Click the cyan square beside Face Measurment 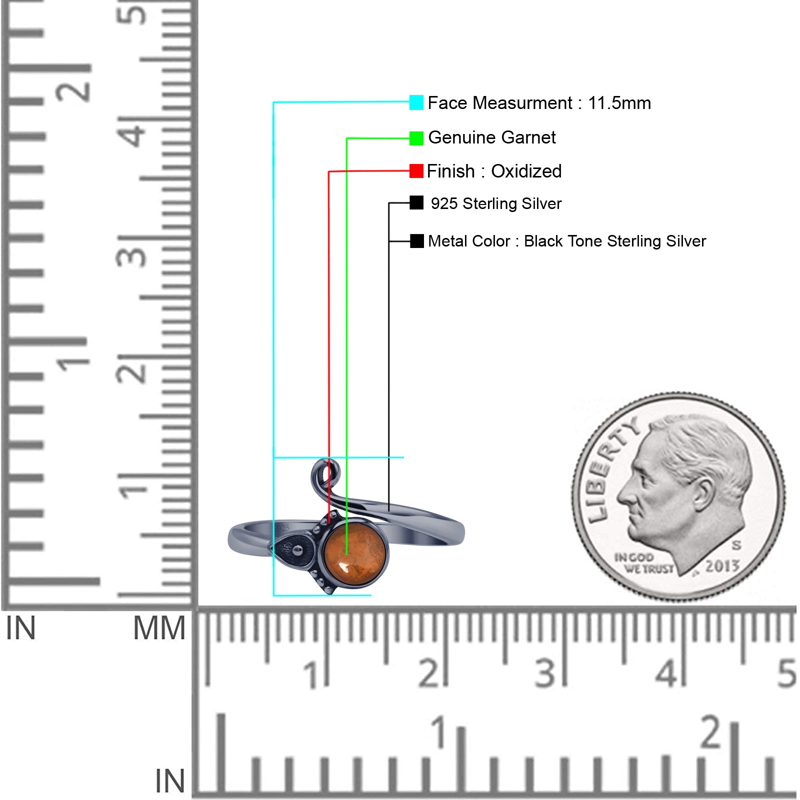pyautogui.click(x=416, y=102)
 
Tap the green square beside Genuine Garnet pyautogui.click(x=416, y=138)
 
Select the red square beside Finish pyautogui.click(x=416, y=171)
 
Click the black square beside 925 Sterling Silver pyautogui.click(x=416, y=202)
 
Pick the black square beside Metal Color pyautogui.click(x=416, y=241)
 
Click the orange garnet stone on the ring pyautogui.click(x=354, y=551)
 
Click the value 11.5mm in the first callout pyautogui.click(x=619, y=103)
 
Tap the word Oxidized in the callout pyautogui.click(x=526, y=171)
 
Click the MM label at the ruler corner pyautogui.click(x=159, y=628)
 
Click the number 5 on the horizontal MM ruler pyautogui.click(x=786, y=673)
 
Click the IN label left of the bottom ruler pyautogui.click(x=170, y=781)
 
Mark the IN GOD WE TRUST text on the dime pyautogui.click(x=643, y=563)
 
